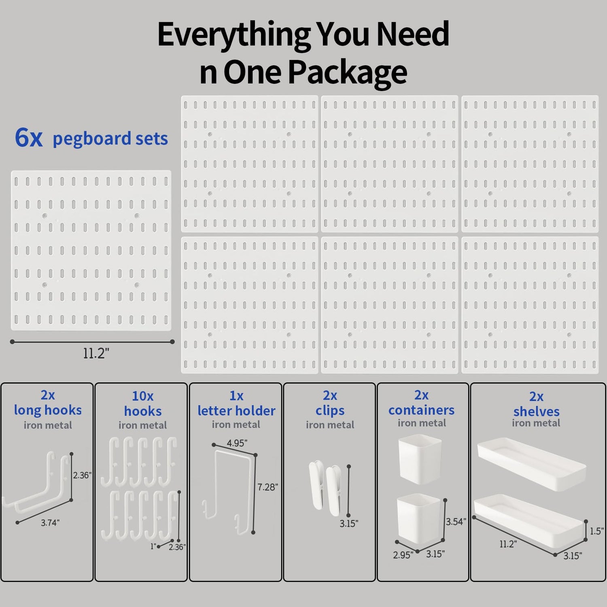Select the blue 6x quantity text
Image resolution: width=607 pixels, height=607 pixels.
click(28, 138)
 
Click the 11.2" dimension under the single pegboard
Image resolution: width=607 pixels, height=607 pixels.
click(96, 353)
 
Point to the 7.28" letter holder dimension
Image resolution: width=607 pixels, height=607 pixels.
click(267, 487)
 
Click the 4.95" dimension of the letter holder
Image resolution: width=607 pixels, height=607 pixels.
click(237, 443)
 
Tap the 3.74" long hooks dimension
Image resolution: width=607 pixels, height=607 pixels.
click(50, 523)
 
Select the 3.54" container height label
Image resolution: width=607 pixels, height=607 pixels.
click(456, 522)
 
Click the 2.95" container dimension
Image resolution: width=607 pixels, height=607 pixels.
click(403, 555)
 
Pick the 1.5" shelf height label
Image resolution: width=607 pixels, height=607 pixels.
click(596, 531)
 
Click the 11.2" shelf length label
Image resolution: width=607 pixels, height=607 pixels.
click(508, 544)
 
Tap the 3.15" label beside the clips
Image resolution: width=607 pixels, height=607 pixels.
click(349, 524)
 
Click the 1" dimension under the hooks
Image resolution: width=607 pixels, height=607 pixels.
click(153, 546)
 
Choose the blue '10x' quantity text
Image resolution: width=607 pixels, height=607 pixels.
click(142, 396)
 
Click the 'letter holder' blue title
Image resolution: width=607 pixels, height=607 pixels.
click(236, 411)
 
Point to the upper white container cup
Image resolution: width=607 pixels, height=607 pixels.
click(420, 459)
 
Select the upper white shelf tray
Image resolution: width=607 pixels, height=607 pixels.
click(531, 464)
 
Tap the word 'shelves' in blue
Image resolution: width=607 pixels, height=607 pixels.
click(536, 412)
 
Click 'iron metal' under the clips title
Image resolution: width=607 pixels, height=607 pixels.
click(330, 425)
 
